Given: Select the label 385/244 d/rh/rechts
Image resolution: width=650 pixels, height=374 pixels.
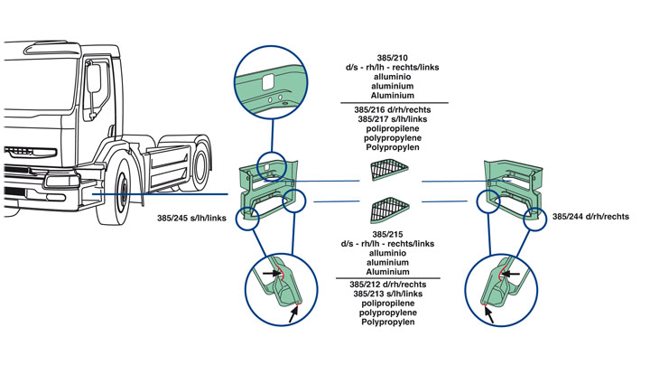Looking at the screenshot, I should (590, 217).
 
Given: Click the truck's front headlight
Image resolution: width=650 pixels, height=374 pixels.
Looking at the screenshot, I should (60, 181).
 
